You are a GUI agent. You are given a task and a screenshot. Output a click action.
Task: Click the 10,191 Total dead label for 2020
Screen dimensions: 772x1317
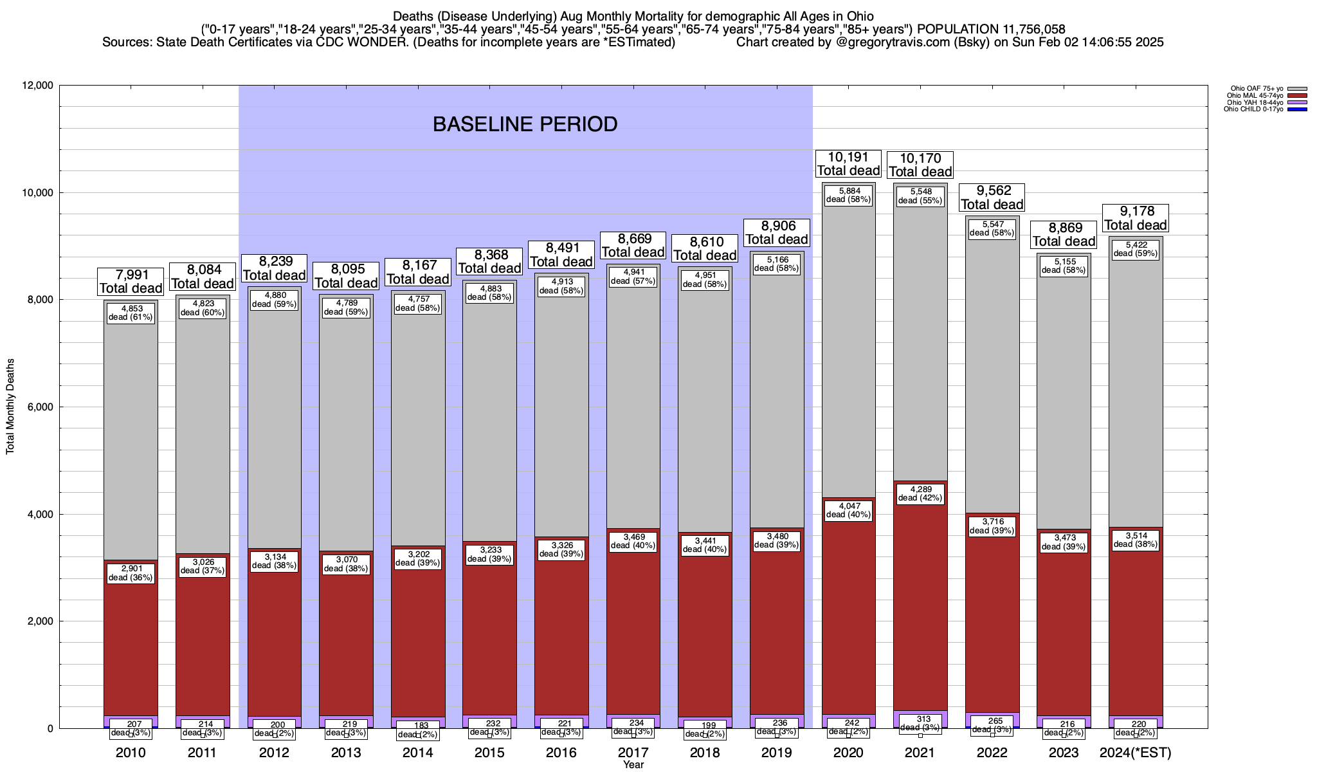(848, 164)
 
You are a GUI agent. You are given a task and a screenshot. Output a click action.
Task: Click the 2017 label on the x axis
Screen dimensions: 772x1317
(633, 753)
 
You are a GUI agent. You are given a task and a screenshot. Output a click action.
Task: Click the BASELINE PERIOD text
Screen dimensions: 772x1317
(525, 124)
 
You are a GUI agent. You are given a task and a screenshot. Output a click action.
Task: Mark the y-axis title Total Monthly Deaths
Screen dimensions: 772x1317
(10, 407)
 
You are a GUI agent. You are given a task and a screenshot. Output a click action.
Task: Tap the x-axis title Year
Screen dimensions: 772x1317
(633, 765)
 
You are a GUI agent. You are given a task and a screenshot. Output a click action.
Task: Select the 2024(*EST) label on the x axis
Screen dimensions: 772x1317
(1136, 753)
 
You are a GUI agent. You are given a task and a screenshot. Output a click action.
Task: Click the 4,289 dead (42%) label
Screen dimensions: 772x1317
(920, 493)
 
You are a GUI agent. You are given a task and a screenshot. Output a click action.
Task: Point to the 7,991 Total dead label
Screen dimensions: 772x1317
(131, 282)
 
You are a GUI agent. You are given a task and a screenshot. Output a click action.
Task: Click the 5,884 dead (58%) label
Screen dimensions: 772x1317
(848, 195)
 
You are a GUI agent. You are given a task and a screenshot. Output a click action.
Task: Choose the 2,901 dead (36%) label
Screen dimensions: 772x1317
(131, 573)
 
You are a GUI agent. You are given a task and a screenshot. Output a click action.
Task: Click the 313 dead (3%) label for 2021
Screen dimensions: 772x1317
(920, 723)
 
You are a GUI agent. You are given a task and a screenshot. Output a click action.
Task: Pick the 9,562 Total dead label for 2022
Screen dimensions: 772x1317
(992, 198)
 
